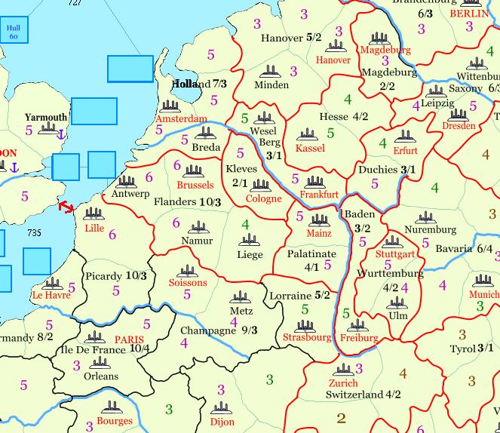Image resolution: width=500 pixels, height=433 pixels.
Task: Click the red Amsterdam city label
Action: tap(182, 119)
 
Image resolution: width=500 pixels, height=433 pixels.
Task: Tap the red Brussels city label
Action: tap(195, 185)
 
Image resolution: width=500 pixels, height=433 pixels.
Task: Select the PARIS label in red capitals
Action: tap(129, 339)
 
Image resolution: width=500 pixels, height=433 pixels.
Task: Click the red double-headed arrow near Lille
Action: tap(66, 206)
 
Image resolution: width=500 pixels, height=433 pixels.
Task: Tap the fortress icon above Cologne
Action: tap(261, 185)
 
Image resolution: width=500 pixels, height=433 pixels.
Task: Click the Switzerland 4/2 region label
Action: tap(363, 394)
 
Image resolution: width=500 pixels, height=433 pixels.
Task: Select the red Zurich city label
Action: tap(343, 382)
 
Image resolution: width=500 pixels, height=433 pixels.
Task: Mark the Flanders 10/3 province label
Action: tap(187, 202)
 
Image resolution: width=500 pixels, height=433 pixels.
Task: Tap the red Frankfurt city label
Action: tap(318, 194)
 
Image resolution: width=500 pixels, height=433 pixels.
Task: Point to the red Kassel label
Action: tap(310, 148)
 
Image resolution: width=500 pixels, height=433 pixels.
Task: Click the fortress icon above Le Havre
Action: tap(51, 284)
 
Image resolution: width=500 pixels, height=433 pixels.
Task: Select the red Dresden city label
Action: tap(459, 126)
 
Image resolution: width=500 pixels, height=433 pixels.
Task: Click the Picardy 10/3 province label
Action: tap(115, 275)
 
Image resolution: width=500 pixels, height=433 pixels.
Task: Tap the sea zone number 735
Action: tap(35, 235)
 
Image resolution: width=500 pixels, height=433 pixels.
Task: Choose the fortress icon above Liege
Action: tap(250, 240)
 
